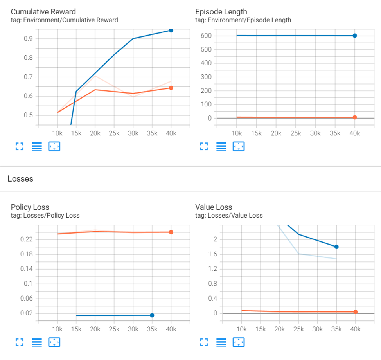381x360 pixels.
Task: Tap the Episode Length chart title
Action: (221, 12)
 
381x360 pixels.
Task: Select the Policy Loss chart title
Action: (30, 207)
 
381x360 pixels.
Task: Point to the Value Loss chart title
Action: (214, 207)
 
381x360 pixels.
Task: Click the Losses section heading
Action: (20, 179)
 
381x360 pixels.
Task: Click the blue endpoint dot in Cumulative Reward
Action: (171, 30)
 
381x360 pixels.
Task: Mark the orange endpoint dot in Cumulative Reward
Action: (171, 88)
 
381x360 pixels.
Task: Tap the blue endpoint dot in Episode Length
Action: (355, 36)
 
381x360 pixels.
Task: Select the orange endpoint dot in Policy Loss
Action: (171, 232)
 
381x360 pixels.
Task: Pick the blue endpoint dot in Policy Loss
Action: (152, 315)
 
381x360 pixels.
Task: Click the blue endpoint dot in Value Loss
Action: (336, 247)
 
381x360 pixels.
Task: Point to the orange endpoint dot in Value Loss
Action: (355, 312)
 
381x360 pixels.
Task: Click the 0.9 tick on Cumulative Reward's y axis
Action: (29, 39)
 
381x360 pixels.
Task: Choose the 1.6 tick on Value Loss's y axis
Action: (212, 254)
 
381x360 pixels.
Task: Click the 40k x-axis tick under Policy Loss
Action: (171, 329)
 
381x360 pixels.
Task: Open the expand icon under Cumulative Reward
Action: (20, 146)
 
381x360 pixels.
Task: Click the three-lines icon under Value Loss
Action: (221, 342)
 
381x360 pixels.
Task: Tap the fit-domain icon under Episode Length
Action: (238, 146)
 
